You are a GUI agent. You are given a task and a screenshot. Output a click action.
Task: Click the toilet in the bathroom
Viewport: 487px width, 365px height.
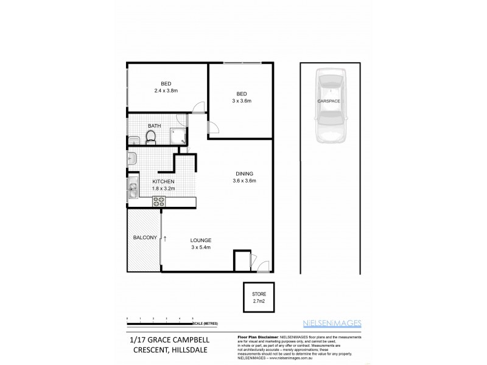point(151,138)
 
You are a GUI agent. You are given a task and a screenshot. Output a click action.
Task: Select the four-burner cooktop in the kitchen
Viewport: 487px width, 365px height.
point(159,201)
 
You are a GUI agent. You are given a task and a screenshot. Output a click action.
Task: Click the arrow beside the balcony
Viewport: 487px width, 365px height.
point(164,237)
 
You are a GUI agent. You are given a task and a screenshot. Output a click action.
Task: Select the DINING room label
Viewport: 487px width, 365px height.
point(243,173)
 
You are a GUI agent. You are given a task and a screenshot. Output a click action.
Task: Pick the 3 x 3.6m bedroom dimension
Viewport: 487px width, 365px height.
point(241,100)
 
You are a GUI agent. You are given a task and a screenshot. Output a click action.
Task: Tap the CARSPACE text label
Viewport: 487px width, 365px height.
point(328,100)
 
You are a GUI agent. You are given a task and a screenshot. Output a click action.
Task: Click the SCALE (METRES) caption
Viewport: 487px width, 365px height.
point(207,323)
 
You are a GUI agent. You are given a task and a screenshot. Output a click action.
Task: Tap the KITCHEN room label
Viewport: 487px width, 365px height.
point(164,181)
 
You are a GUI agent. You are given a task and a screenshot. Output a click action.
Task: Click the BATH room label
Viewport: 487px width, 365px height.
point(154,126)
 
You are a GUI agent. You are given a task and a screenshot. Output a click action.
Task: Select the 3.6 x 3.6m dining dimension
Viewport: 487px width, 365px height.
point(244,181)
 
